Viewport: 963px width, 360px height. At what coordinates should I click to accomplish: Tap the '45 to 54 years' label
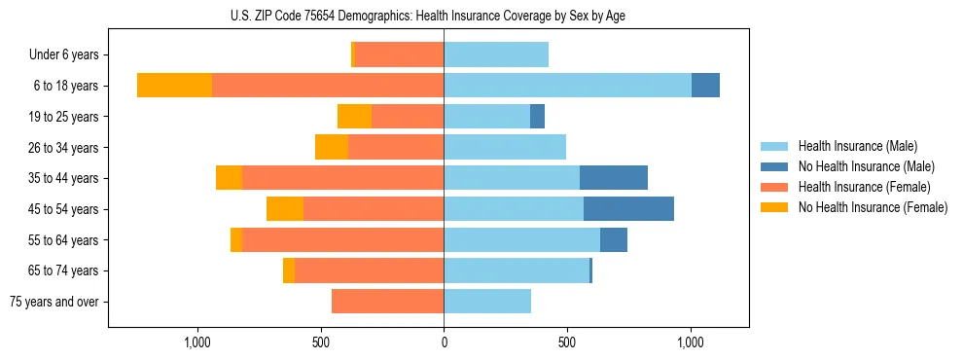point(64,209)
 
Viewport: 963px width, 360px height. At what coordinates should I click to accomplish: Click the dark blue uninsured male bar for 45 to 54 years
point(628,209)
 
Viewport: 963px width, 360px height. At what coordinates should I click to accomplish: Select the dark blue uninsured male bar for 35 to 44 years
point(614,178)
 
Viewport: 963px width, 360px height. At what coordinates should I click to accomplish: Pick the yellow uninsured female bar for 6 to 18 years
point(175,86)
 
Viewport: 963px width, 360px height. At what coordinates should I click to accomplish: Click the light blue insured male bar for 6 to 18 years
point(567,86)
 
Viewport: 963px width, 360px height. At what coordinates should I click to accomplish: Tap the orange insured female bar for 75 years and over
point(387,302)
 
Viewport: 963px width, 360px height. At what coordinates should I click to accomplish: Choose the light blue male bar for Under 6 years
point(496,55)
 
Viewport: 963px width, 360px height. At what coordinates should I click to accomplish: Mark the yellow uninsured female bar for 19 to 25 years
point(354,117)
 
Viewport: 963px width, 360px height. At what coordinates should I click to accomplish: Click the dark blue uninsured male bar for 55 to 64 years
point(614,239)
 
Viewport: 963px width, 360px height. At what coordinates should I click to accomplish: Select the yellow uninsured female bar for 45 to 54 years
point(285,209)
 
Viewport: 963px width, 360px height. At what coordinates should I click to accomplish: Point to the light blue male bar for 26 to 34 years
point(505,148)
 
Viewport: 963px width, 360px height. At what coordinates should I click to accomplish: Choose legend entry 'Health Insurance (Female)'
point(864,187)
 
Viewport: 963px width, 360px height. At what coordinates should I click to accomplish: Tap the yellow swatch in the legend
point(775,207)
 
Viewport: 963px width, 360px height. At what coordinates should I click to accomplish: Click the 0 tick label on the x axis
point(444,342)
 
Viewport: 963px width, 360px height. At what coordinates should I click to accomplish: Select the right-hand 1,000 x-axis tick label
point(691,342)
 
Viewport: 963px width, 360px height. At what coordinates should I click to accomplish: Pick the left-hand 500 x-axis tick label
point(321,342)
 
